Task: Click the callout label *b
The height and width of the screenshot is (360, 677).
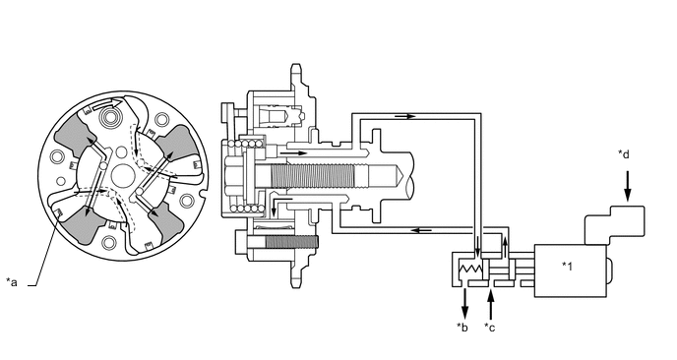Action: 462,327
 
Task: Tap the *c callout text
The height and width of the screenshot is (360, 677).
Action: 491,327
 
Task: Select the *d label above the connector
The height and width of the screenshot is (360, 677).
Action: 625,154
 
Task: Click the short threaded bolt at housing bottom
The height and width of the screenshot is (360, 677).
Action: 285,240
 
